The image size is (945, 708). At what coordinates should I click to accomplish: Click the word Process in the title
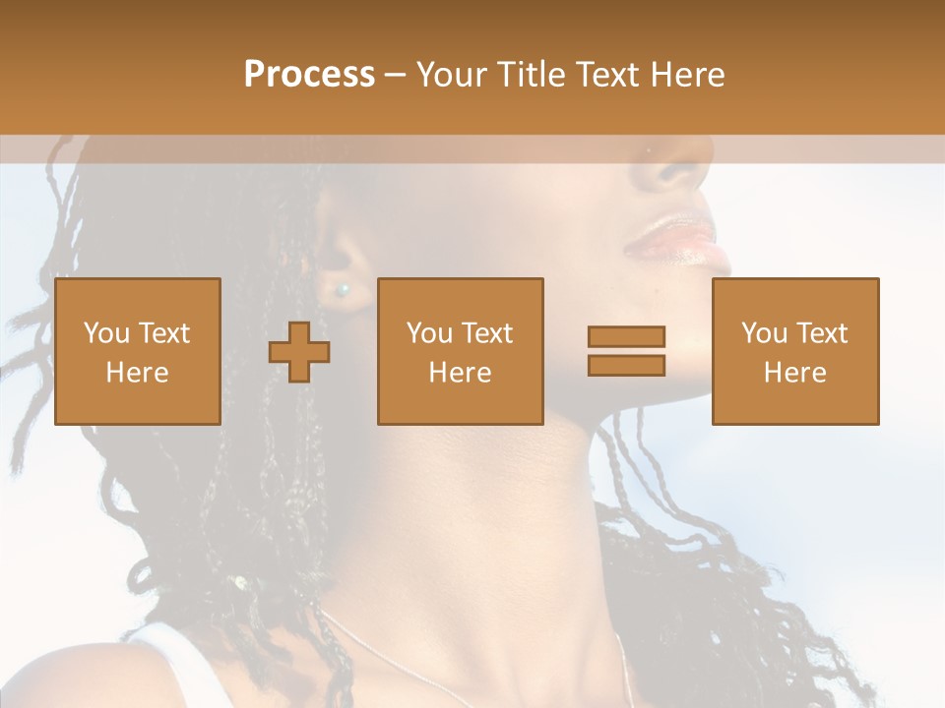tap(309, 75)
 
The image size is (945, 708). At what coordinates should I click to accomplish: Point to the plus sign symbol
tap(299, 352)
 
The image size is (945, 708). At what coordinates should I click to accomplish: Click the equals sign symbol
tap(626, 351)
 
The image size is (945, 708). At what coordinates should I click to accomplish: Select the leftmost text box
tap(137, 351)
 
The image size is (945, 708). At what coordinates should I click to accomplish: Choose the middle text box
tap(460, 351)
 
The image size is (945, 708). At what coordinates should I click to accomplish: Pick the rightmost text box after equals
tap(794, 351)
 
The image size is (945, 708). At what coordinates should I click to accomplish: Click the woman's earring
tap(343, 290)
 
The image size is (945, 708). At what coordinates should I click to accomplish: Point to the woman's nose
tap(674, 167)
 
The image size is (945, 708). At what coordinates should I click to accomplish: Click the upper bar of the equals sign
tap(626, 336)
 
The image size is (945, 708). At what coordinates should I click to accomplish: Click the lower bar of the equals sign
tap(626, 365)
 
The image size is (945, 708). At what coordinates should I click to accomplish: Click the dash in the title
tap(396, 76)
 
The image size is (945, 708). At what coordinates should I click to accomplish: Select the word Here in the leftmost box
tap(137, 373)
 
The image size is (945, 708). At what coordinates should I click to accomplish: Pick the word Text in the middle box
tap(487, 333)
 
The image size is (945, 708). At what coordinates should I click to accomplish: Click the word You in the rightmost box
tap(763, 333)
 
